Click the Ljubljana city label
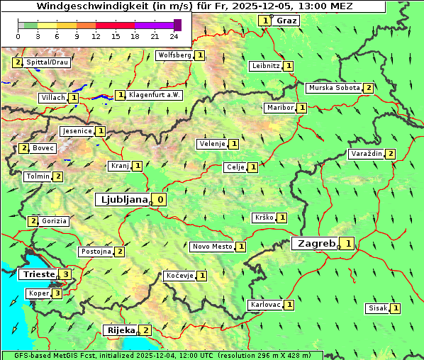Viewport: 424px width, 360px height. [123, 200]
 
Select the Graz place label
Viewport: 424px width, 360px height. [286, 21]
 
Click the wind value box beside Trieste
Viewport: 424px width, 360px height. [66, 274]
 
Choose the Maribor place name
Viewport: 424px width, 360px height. [279, 108]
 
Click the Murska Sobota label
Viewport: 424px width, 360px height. [334, 88]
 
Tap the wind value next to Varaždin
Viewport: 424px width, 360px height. [390, 154]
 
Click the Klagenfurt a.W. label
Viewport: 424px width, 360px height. [155, 95]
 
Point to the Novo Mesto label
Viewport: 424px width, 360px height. [212, 247]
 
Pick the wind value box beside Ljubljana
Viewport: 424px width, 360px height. [161, 200]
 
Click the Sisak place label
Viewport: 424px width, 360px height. [377, 308]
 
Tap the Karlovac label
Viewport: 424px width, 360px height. [266, 305]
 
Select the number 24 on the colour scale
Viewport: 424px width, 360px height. [174, 36]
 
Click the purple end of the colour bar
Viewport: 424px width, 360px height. [177, 25]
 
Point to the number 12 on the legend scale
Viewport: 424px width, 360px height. [96, 36]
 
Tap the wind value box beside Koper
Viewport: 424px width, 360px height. [57, 293]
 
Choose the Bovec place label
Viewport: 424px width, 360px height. [43, 148]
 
